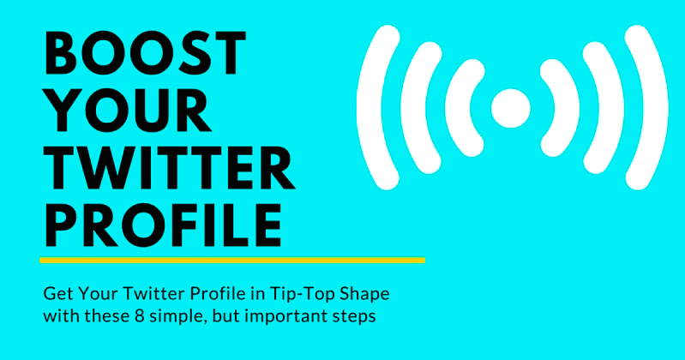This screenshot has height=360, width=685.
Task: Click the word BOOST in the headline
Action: [x=146, y=53]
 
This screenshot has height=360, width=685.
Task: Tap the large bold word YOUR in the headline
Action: [x=128, y=110]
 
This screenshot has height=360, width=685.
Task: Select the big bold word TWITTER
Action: [x=170, y=168]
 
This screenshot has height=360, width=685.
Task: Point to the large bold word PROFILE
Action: [x=163, y=225]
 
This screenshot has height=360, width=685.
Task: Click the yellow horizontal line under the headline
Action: [x=232, y=260]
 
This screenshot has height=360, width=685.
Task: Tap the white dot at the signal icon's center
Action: [x=511, y=108]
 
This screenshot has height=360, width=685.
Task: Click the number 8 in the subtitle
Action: [x=138, y=316]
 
